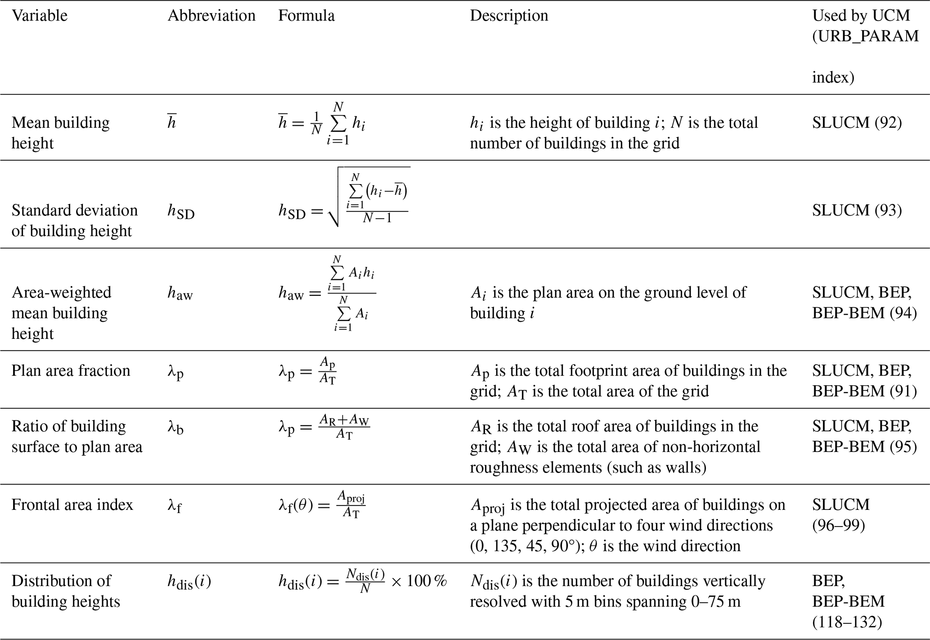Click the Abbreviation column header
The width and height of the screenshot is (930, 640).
tap(211, 16)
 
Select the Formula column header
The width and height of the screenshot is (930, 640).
tap(306, 16)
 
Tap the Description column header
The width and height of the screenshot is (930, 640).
tap(509, 16)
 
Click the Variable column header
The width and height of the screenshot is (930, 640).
tap(40, 16)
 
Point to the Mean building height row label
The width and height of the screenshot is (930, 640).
tap(60, 133)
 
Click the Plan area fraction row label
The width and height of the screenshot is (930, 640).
tap(71, 371)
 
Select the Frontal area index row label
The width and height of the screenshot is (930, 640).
tap(72, 505)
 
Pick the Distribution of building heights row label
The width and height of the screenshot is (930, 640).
tap(66, 591)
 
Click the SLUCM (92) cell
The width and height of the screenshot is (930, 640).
tap(857, 123)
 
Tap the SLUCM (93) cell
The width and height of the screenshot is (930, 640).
tap(857, 210)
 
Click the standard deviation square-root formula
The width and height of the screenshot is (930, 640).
tap(344, 198)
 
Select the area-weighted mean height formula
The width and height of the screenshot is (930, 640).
tap(327, 293)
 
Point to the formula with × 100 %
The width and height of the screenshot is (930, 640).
tap(363, 581)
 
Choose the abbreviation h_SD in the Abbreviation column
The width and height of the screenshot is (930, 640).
tap(181, 211)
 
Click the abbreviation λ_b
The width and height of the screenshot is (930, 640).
tap(175, 427)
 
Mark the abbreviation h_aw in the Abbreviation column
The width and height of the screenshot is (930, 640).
tap(180, 294)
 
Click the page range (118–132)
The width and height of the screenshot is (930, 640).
tap(847, 622)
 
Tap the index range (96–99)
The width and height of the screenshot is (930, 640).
tap(838, 525)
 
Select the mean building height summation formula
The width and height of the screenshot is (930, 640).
tap(322, 123)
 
